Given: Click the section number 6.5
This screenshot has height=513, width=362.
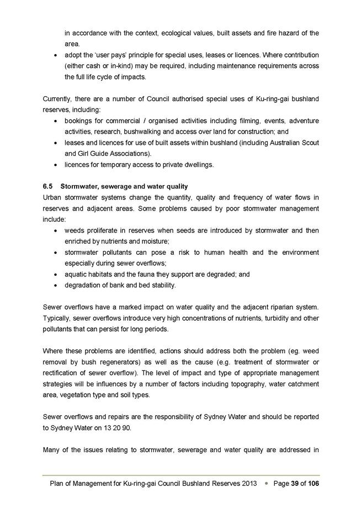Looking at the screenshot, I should click(48, 186).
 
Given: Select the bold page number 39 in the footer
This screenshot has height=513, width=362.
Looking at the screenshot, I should click(296, 484).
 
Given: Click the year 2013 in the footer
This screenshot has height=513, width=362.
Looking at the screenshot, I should click(249, 484).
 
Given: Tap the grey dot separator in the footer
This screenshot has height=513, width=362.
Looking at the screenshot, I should click(267, 484).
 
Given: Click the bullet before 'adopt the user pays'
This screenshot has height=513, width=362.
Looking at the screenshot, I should click(57, 55).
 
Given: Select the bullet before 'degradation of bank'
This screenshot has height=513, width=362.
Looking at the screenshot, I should click(57, 285).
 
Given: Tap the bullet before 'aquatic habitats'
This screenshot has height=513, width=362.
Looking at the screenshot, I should click(57, 274).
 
